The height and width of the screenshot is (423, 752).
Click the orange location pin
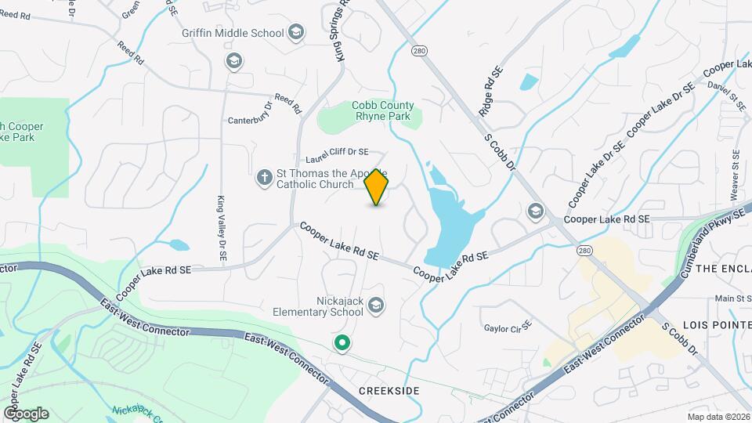(x=377, y=186)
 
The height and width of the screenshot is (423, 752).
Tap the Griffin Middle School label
(x=233, y=33)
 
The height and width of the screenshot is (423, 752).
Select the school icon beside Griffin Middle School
(x=295, y=32)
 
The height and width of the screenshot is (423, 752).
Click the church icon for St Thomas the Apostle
(x=265, y=179)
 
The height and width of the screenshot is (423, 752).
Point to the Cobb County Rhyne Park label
(x=382, y=110)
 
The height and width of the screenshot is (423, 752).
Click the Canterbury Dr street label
(x=249, y=121)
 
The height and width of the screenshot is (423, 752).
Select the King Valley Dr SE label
(x=222, y=227)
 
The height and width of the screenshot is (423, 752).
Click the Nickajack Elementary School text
(x=318, y=305)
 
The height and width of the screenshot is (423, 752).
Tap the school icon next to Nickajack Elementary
(x=376, y=305)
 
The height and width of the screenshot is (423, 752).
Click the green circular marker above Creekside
(x=342, y=342)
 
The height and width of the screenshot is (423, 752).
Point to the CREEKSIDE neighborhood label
(x=389, y=390)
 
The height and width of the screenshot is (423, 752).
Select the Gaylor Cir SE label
(x=508, y=328)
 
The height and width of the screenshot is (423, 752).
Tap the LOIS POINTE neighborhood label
(x=717, y=324)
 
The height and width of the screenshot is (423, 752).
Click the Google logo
(x=26, y=413)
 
